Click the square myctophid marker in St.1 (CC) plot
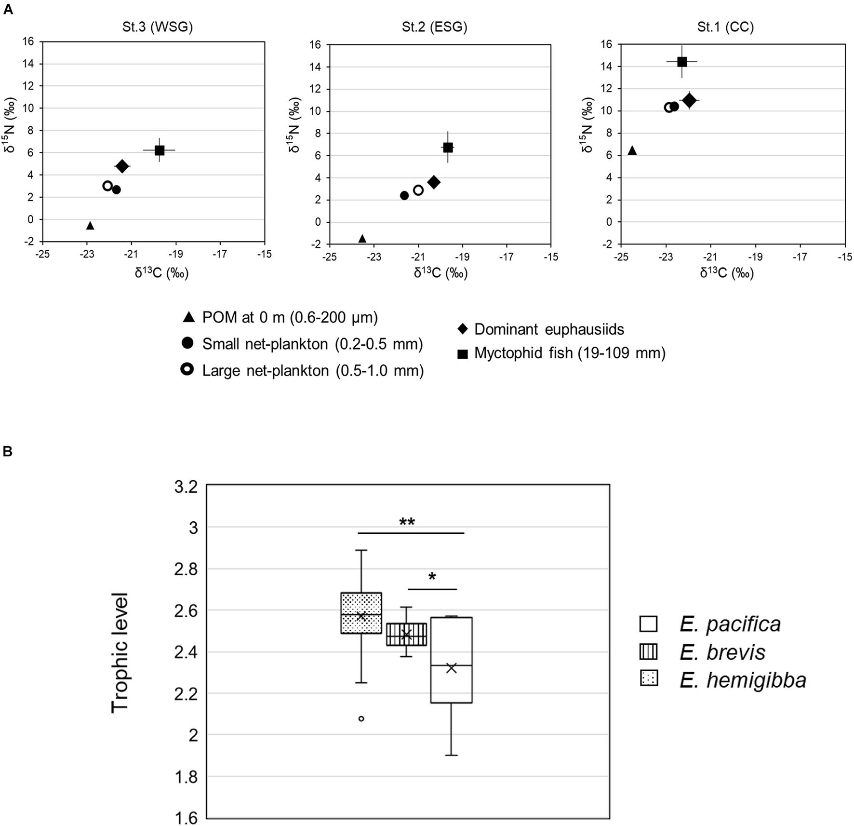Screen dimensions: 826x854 [x=681, y=62]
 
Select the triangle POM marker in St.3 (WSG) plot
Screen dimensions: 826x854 [x=90, y=226]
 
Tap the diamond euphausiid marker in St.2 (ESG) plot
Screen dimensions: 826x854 [x=434, y=182]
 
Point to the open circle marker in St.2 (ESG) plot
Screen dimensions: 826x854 [x=418, y=190]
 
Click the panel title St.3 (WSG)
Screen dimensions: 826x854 [x=158, y=27]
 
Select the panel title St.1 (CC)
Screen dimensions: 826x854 [x=725, y=27]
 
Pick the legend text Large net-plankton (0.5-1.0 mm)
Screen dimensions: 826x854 [x=313, y=370]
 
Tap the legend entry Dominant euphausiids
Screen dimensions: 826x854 [x=549, y=329]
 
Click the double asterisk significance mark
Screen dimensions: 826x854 [x=407, y=522]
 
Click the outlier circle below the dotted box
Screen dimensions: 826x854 [x=361, y=718]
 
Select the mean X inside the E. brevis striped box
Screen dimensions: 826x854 [x=406, y=634]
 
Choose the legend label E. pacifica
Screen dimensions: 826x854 [x=730, y=624]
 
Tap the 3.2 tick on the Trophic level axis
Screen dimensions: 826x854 [x=186, y=487]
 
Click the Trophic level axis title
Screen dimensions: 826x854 [x=120, y=652]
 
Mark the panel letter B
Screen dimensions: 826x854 [x=7, y=451]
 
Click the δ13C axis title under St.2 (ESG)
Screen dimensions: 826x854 [x=440, y=273]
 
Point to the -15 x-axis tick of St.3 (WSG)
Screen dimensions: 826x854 [x=264, y=254]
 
